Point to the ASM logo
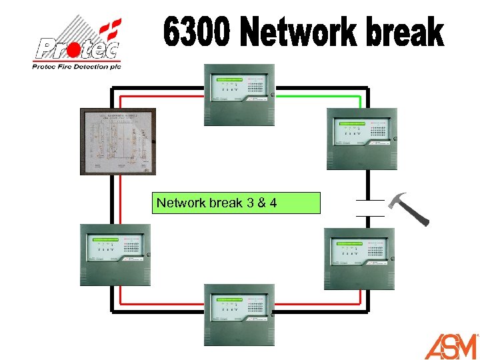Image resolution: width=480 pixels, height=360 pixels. coord(451,347)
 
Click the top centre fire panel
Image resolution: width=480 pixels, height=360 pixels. coord(239,95)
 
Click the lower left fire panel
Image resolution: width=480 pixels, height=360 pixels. coord(115,255)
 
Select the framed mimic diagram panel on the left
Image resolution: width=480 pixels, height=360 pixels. coord(118,141)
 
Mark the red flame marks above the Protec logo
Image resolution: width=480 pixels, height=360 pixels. coord(109,27)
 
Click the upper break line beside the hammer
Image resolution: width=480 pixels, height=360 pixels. coord(369,200)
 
